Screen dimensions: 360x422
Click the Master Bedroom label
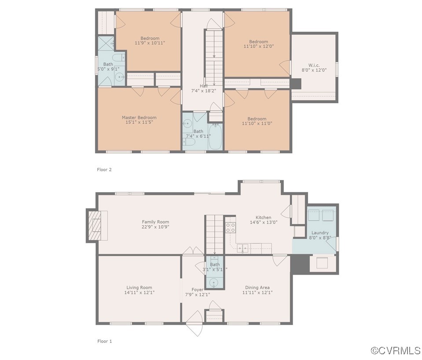pos(139,117)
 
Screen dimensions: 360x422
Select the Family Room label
pos(155,222)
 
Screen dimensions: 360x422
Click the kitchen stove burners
pos(230,227)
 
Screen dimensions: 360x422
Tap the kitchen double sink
pos(242,249)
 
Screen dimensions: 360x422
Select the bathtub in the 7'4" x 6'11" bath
pos(216,137)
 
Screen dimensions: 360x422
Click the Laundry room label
pos(320,233)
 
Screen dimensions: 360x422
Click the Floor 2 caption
pos(104,169)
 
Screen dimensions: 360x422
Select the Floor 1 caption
pos(104,341)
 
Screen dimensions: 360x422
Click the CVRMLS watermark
pos(396,350)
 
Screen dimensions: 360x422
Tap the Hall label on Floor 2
pos(203,86)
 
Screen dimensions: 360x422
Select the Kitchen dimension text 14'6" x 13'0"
pos(264,222)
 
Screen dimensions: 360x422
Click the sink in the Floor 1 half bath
pos(214,282)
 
